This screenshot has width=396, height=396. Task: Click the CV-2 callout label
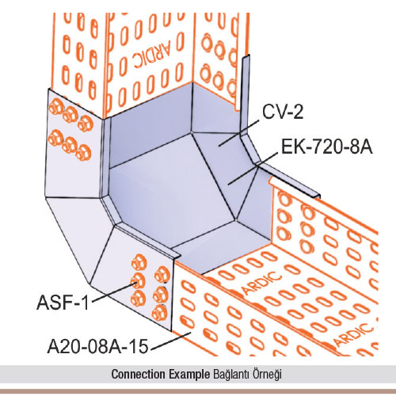coord(283,112)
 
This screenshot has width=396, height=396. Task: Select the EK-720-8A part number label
coord(327,147)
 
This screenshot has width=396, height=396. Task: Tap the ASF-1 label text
coord(63,303)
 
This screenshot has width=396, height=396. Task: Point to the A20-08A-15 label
coord(97,346)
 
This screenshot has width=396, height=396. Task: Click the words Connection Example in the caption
coord(161,374)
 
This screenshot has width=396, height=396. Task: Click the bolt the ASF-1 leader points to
coord(138,280)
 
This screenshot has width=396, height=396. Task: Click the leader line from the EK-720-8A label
coord(253,169)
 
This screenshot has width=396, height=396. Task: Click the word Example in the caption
coord(189,375)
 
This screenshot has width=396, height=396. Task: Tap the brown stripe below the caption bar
coord(198,390)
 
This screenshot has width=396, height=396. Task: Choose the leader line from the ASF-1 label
coord(114,291)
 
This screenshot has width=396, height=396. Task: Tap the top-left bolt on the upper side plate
coord(55,107)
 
